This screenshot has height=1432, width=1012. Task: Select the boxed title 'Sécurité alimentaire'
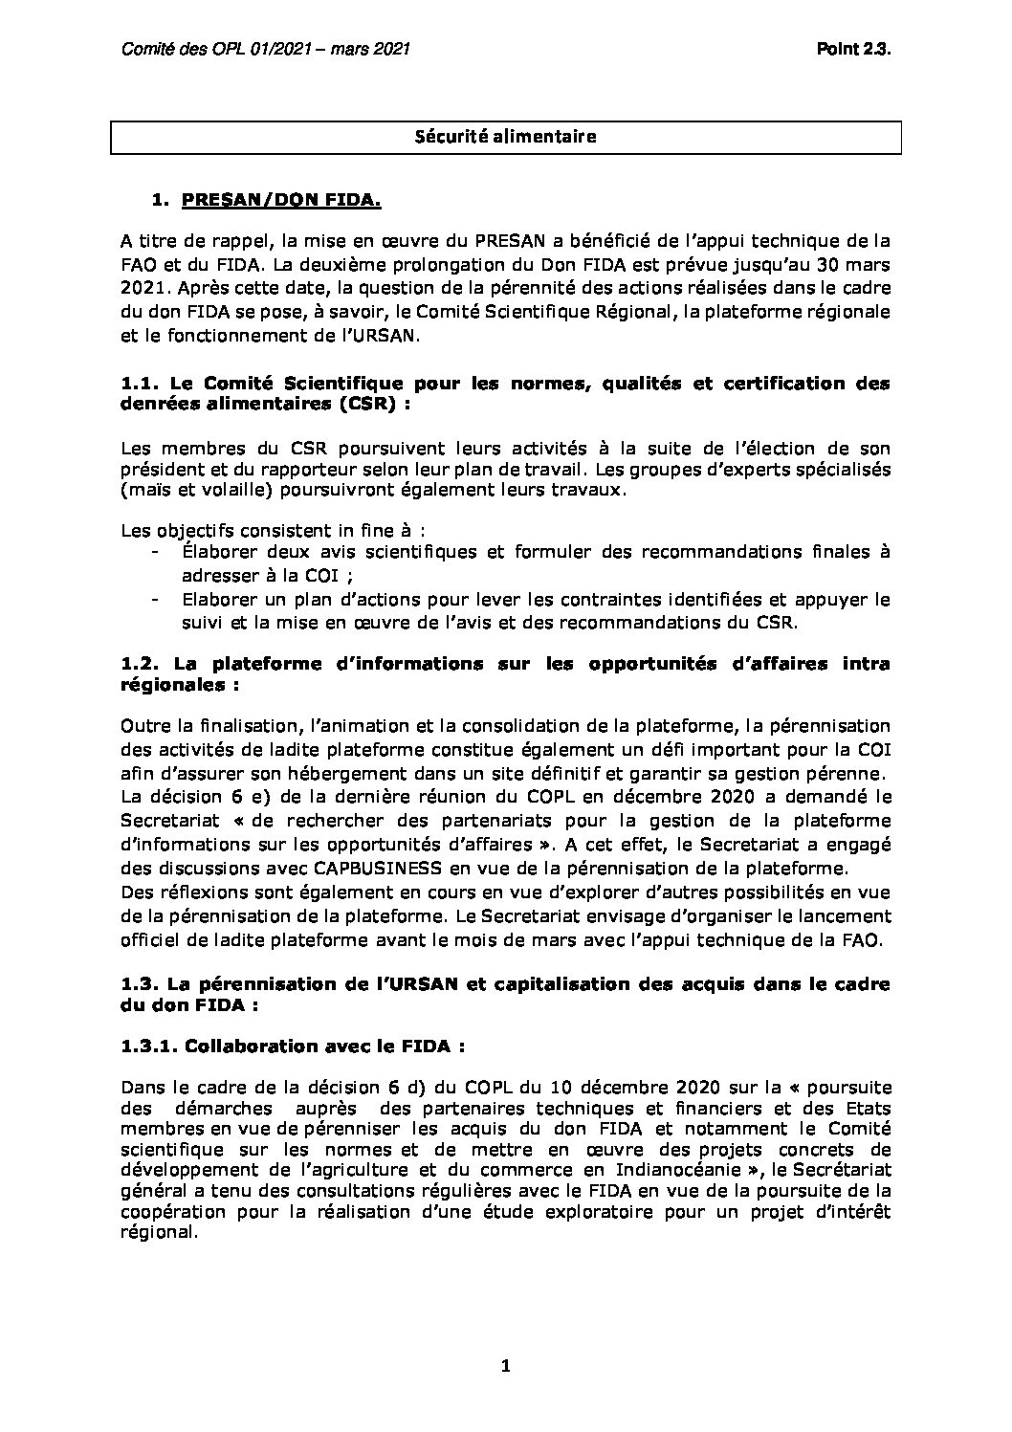coord(505,137)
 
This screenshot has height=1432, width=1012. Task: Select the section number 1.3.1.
coord(150,1046)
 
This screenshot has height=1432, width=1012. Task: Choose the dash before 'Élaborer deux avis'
coord(155,553)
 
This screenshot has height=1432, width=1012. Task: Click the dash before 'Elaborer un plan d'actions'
coord(155,600)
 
